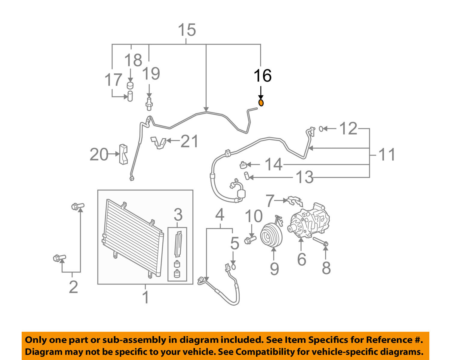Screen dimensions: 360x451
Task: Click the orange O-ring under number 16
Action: [x=261, y=103]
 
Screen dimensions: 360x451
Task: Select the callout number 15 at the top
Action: [x=187, y=30]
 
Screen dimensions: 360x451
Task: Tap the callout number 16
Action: [x=262, y=75]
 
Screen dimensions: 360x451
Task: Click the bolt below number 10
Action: [x=250, y=240]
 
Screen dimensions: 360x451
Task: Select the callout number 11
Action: [x=387, y=155]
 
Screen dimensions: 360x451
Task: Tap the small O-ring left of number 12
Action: [x=321, y=129]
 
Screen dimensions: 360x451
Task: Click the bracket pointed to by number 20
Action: [x=123, y=154]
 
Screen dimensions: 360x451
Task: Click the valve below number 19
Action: [x=149, y=102]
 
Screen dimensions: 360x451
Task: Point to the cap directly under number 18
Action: [x=130, y=85]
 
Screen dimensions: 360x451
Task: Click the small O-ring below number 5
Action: [x=234, y=267]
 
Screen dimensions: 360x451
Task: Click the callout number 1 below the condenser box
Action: [x=146, y=297]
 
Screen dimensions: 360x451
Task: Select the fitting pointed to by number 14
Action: [x=243, y=165]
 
